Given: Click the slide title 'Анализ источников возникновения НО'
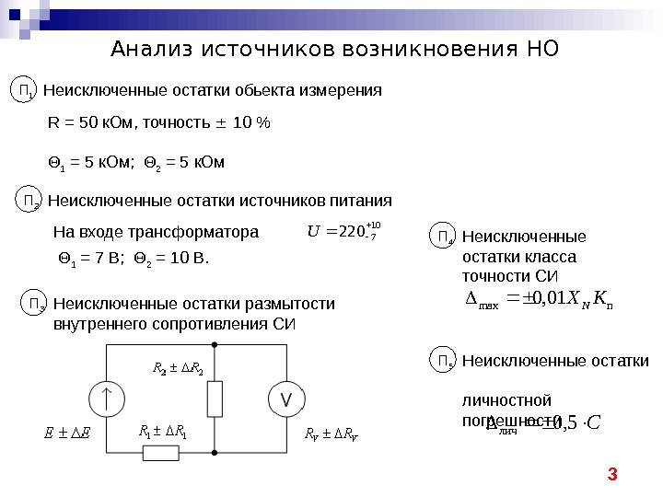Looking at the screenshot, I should [334, 50].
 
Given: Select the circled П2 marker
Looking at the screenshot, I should [30, 200].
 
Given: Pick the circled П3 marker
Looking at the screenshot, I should [36, 304].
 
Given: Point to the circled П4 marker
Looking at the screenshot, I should [445, 237].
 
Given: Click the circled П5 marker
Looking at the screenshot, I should [445, 361].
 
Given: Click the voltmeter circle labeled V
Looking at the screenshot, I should [285, 399].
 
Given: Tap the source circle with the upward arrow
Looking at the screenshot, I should [108, 399].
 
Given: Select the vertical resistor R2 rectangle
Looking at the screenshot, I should [215, 399].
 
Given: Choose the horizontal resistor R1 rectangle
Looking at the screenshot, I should [160, 453].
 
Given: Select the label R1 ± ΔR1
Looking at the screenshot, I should [162, 431].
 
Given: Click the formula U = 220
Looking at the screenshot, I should [342, 231].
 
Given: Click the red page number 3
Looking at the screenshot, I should [611, 475].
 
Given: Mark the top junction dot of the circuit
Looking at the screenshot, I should [215, 343].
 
